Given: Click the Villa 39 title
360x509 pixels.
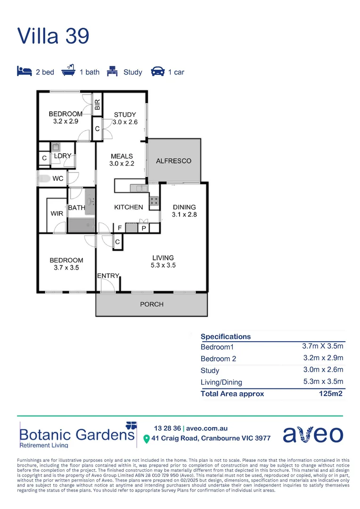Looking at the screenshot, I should click(x=53, y=36).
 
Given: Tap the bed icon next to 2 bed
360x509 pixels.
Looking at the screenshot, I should click(x=24, y=72).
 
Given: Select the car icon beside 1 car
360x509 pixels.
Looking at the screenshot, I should click(x=157, y=72).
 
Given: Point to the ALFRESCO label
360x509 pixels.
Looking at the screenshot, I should click(x=174, y=161).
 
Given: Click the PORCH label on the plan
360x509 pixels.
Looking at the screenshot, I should click(x=152, y=304).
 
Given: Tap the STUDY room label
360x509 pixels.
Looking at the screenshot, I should click(x=125, y=115).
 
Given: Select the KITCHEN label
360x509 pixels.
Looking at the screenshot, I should click(x=129, y=207).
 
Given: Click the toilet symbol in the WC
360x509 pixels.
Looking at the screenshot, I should click(x=45, y=179).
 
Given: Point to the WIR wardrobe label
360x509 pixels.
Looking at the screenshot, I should click(x=57, y=213).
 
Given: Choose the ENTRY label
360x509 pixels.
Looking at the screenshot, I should click(x=108, y=276).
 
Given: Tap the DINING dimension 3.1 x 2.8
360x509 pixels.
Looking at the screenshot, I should click(x=184, y=214).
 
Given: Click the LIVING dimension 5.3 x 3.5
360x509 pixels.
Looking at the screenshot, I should click(x=163, y=265).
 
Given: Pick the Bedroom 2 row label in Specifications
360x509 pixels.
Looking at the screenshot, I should click(x=218, y=359).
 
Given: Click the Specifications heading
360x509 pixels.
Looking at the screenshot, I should click(x=226, y=337).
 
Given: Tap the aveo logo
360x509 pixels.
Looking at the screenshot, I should click(x=313, y=434).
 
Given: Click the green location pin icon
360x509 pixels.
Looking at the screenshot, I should click(x=147, y=439).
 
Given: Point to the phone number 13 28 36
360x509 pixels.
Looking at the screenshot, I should click(x=167, y=428).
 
